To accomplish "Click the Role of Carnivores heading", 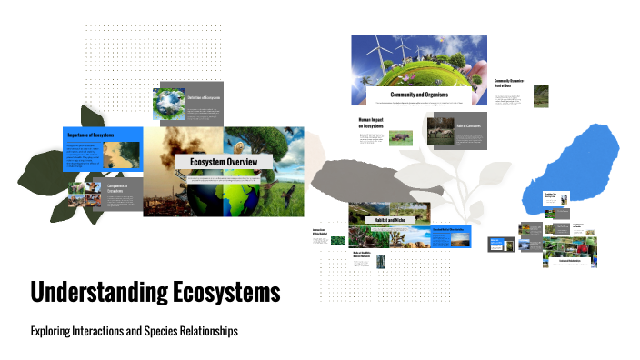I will [x=468, y=125].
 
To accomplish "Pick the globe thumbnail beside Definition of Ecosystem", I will [x=171, y=105].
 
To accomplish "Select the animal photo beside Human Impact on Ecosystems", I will [x=400, y=138].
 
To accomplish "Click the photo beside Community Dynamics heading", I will [x=541, y=95].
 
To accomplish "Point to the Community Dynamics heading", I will [x=509, y=84].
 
